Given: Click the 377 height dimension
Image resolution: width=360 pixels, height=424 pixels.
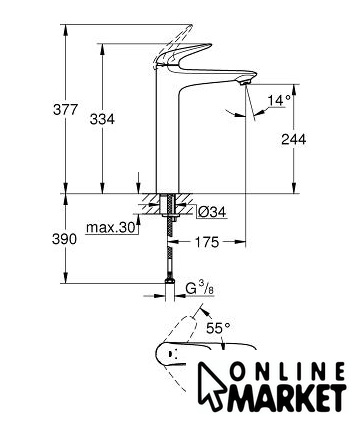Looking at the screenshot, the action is click(65, 109).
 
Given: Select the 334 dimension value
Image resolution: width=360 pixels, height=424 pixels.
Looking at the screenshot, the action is click(102, 119).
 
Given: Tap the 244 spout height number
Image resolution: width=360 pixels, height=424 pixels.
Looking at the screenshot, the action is click(293, 139).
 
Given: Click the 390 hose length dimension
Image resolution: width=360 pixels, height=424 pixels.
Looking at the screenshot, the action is click(64, 239).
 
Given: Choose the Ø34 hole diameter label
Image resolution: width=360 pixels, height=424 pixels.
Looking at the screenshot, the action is click(211, 212).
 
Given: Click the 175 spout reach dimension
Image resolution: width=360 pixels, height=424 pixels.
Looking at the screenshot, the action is click(207, 242).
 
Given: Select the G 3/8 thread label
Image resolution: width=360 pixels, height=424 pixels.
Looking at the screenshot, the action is click(200, 288).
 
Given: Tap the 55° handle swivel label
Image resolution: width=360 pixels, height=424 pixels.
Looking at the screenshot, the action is click(218, 328).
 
